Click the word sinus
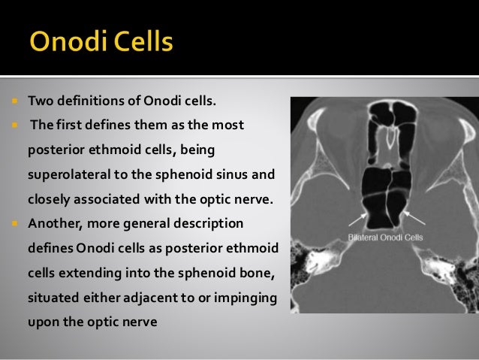click(260, 174)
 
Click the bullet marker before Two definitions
click(14, 101)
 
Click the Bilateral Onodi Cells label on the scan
click(385, 237)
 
